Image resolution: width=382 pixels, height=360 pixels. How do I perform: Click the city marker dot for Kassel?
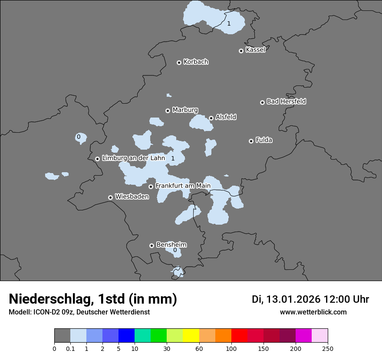point(241,51)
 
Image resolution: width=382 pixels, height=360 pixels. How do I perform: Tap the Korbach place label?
point(196,62)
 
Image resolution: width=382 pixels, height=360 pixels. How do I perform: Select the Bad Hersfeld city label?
point(286,101)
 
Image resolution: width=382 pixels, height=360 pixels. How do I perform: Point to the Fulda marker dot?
point(251,141)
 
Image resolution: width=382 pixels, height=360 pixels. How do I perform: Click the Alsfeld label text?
point(226,117)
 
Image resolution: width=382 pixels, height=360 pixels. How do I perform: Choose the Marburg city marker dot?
point(168,111)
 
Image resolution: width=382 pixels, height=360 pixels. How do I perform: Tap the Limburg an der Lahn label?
point(133,158)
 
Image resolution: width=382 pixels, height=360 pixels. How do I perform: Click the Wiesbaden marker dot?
point(110,197)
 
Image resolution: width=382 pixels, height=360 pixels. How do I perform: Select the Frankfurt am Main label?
point(183,186)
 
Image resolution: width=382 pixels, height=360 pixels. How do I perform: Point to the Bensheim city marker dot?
point(151,245)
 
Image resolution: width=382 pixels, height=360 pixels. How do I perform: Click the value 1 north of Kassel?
point(229,23)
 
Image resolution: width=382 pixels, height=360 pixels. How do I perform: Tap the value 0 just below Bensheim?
point(175,250)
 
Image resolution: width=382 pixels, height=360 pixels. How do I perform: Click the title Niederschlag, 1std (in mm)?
point(93,299)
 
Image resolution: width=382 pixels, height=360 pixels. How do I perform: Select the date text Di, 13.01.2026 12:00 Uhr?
point(310,299)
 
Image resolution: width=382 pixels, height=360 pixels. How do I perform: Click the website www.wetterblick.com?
point(313,312)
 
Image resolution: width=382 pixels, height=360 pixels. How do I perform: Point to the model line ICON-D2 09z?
point(79,312)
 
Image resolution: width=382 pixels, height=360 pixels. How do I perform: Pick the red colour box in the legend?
point(239,336)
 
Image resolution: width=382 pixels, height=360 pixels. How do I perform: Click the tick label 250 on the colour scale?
point(328,348)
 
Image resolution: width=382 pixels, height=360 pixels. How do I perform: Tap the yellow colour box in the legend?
point(191,336)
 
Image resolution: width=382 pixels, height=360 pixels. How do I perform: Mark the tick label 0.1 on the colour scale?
point(70,348)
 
